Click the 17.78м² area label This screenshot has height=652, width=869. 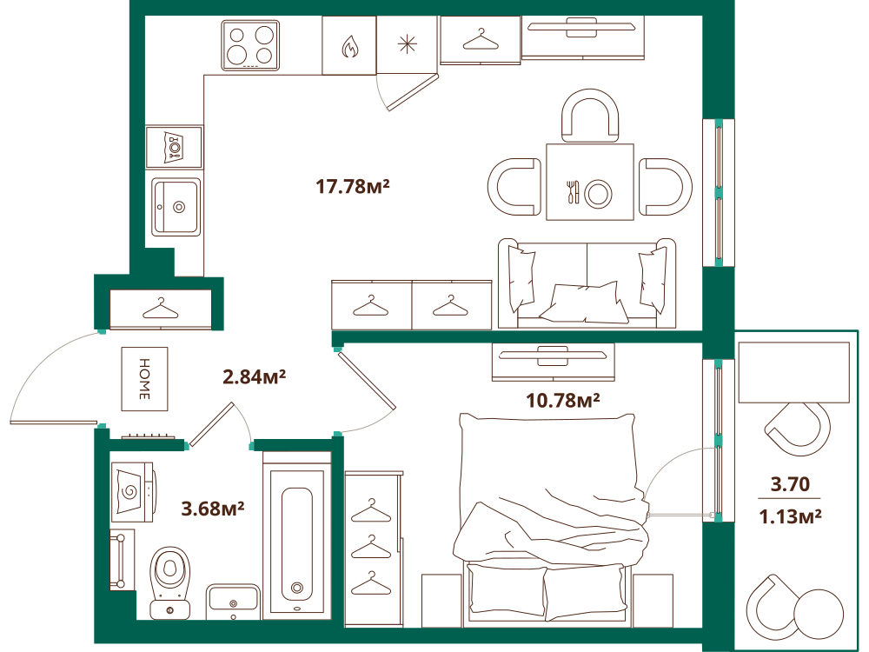click(x=353, y=186)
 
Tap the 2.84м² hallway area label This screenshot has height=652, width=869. click(x=254, y=377)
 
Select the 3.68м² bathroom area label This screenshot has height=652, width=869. click(x=213, y=508)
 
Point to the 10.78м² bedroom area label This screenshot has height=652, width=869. click(x=562, y=400)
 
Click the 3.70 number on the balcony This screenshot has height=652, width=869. click(x=790, y=484)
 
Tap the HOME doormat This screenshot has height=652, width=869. click(x=144, y=379)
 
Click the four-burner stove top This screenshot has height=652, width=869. click(x=250, y=45)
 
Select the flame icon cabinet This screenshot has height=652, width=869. click(x=349, y=45)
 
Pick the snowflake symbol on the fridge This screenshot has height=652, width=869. click(x=408, y=43)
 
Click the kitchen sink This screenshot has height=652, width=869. click(x=176, y=207)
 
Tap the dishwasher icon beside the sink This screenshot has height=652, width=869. click(x=175, y=148)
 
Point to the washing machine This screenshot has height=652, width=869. click(x=133, y=492)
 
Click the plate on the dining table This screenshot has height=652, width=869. click(x=599, y=194)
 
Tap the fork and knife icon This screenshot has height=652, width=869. click(x=573, y=192)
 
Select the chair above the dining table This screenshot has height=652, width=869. click(x=590, y=116)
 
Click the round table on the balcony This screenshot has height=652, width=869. click(x=818, y=613)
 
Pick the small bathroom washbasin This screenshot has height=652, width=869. click(x=233, y=601)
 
